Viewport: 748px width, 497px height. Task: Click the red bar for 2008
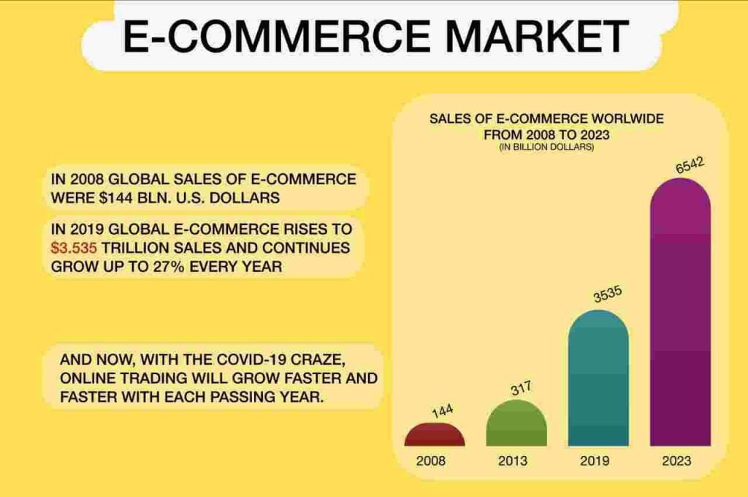(435, 435)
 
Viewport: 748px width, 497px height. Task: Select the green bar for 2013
(516, 424)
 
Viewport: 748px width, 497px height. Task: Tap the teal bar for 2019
(598, 378)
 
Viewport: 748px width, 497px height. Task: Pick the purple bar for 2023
(680, 312)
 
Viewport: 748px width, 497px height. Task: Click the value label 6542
(690, 165)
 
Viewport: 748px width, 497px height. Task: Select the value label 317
(521, 389)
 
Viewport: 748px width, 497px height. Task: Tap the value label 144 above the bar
(443, 411)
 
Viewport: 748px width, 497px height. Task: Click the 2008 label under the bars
(430, 460)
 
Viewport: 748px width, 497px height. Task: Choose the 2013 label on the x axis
(513, 460)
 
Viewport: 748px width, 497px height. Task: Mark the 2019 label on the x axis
(595, 460)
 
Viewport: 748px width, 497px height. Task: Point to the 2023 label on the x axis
(676, 460)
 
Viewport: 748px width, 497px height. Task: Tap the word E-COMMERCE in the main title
(277, 36)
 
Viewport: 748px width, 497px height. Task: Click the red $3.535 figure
(74, 248)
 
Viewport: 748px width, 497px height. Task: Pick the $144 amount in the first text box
(116, 197)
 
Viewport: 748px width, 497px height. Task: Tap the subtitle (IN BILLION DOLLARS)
(546, 147)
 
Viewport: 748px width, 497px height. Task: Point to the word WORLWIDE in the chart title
(627, 118)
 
